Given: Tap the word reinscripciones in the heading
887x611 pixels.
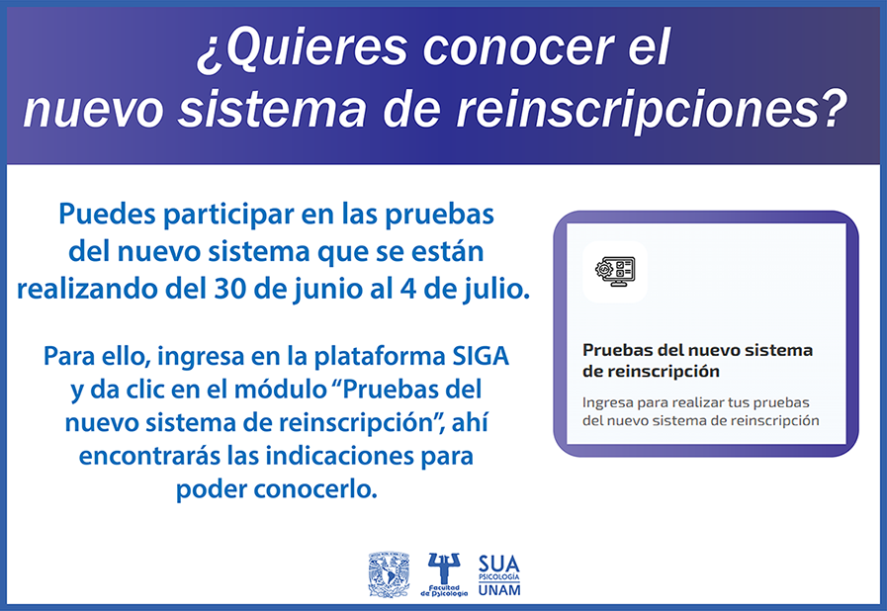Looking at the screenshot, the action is (638, 109).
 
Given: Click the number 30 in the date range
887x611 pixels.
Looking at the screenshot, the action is (229, 289).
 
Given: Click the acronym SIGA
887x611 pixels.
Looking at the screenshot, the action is (481, 356).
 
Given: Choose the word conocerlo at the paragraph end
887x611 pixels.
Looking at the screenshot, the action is (315, 489).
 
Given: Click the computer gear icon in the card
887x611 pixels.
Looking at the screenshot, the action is (615, 271).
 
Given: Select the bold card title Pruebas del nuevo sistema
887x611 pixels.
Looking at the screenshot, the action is (697, 350).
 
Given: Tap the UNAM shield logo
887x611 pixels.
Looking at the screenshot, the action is (389, 574).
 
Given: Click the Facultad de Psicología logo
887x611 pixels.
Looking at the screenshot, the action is (444, 574).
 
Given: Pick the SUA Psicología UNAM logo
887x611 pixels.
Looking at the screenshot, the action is (499, 574).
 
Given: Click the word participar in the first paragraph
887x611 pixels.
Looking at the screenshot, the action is (229, 215).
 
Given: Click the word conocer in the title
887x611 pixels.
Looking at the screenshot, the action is (518, 47).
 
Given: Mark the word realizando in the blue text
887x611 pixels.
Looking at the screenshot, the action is (87, 290).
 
